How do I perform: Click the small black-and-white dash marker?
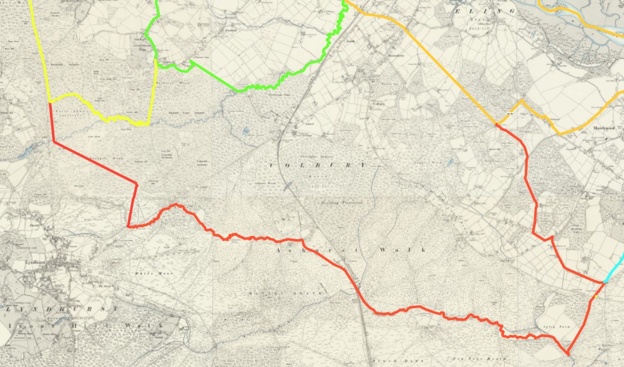tap(510, 114)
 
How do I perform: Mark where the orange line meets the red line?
tap(496, 124)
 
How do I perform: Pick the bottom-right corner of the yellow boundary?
tap(148, 124)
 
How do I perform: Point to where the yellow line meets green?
tap(155, 60)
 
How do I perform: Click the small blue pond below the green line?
tap(246, 132)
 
